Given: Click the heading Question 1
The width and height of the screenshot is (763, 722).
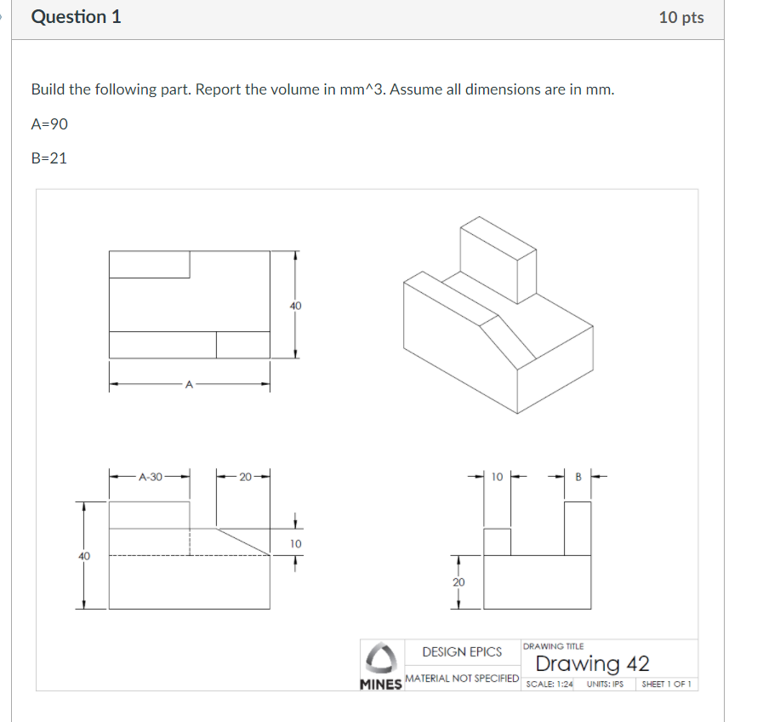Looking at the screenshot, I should tap(76, 17).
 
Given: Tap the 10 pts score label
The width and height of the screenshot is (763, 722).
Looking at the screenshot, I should tap(680, 18).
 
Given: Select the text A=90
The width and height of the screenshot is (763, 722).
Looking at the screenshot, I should tap(49, 123).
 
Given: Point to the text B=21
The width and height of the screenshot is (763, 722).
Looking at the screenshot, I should tap(48, 158).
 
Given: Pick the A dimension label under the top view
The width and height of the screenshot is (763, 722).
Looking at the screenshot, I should tap(189, 386).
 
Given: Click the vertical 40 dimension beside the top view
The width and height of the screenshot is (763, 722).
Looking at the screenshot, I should tap(295, 305).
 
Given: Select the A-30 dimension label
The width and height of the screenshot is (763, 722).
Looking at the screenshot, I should tap(150, 477).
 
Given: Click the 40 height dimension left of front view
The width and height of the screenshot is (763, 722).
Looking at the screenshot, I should tap(83, 555).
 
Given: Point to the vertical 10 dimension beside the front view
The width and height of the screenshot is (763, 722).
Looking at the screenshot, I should tap(295, 543).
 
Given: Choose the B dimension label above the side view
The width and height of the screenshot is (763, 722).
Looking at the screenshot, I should tap(578, 477).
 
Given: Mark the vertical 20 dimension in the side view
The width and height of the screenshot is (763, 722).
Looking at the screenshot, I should tap(458, 582).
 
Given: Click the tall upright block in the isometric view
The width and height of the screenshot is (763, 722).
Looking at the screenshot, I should tap(498, 260).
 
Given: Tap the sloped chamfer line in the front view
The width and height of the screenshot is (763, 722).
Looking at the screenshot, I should tap(244, 541).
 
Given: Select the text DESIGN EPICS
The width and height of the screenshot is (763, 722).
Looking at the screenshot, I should tap(462, 652).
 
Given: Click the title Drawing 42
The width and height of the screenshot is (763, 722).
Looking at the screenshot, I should tap(592, 663).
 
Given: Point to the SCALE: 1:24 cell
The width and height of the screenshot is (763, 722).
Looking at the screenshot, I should tap(549, 684).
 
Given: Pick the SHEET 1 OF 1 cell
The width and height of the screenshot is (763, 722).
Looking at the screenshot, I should tap(666, 684).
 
